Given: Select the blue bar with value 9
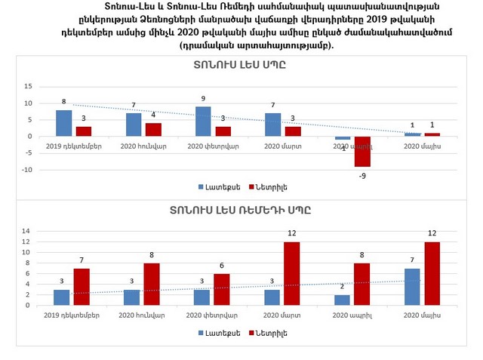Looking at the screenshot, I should click(x=203, y=122).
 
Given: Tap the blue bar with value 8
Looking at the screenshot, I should click(x=64, y=123).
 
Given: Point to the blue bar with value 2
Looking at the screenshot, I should click(x=342, y=300).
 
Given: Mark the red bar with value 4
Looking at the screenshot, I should click(x=153, y=130).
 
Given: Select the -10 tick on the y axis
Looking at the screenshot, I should click(x=26, y=170).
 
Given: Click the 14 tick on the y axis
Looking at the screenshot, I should click(x=26, y=231).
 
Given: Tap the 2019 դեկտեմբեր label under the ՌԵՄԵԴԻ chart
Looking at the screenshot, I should click(x=73, y=314).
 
